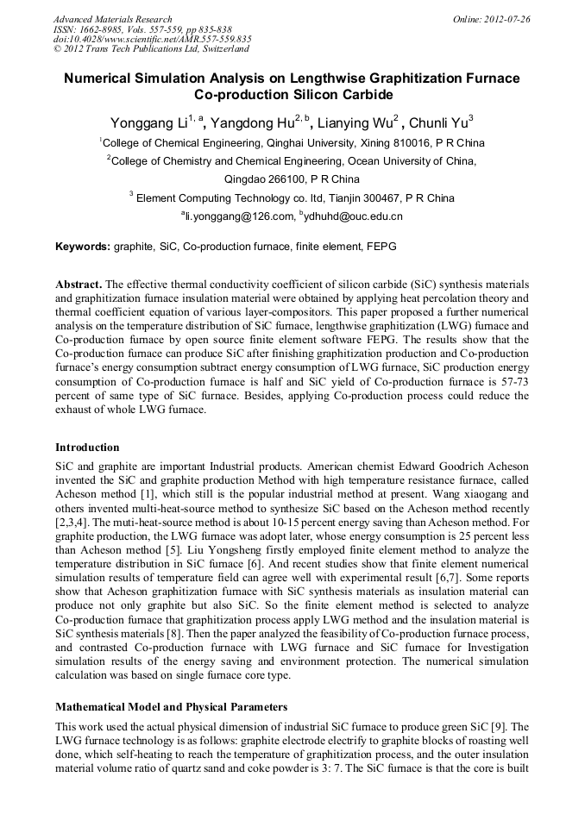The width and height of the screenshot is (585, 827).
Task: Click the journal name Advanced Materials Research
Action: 112,19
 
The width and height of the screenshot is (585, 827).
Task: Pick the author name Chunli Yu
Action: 437,122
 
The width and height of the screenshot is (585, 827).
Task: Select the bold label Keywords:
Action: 83,247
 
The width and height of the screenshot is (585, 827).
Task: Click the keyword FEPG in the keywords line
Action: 380,247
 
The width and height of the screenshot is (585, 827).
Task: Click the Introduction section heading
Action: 87,448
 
